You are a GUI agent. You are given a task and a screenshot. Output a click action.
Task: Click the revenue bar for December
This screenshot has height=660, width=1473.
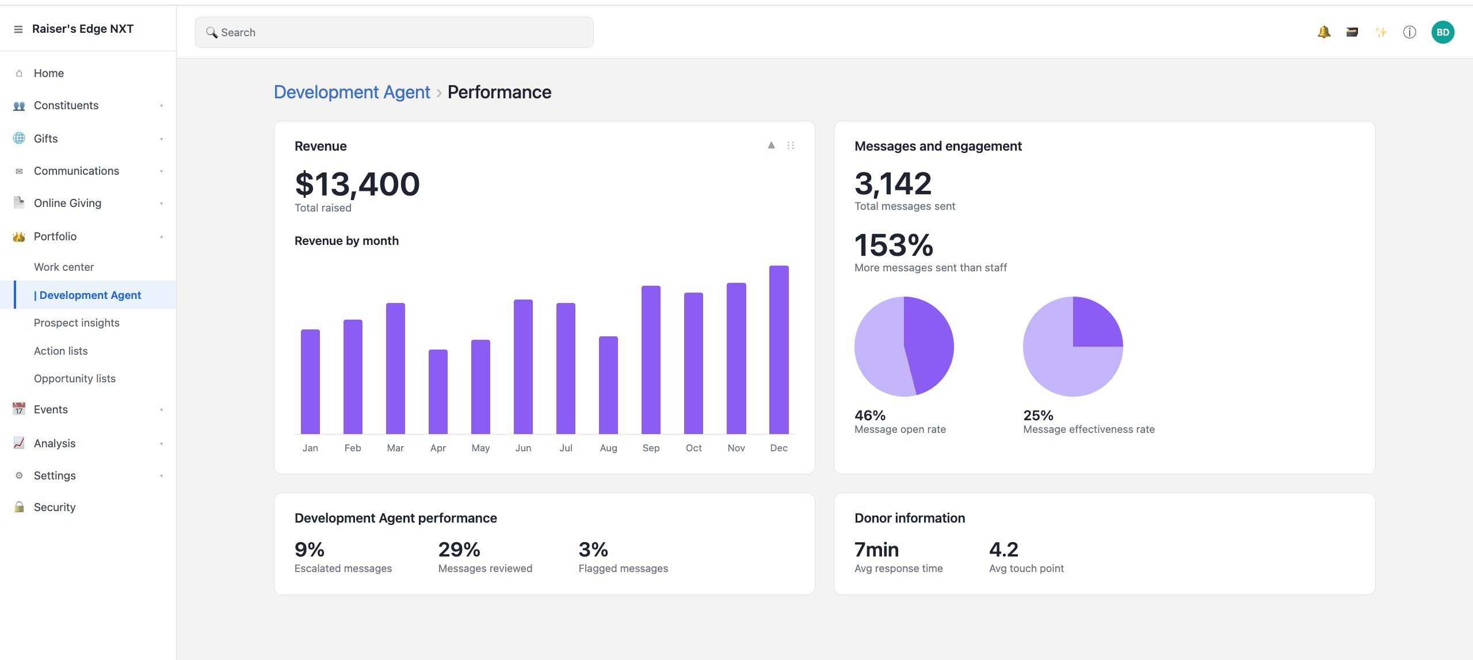(779, 350)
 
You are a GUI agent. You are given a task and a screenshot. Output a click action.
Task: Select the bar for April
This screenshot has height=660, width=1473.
(438, 392)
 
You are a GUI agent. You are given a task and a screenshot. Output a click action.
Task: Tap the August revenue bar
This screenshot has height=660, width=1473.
(608, 385)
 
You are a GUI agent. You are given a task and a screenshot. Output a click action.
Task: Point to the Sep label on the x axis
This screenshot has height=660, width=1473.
(651, 448)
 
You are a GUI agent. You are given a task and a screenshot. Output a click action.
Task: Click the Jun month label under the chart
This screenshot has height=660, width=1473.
(523, 448)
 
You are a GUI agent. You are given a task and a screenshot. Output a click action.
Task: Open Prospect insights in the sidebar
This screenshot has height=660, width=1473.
(77, 323)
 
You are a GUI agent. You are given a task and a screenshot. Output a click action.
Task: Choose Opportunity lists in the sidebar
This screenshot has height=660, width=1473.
(75, 379)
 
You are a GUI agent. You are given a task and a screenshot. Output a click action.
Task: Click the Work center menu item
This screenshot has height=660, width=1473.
(64, 267)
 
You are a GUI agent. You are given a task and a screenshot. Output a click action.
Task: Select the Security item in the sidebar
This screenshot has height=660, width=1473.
(55, 508)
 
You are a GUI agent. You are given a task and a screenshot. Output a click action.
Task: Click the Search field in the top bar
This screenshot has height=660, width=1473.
(394, 32)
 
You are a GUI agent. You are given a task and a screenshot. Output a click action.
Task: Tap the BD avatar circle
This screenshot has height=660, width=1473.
(1443, 32)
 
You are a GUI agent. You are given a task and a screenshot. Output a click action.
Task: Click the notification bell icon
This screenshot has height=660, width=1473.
(1324, 32)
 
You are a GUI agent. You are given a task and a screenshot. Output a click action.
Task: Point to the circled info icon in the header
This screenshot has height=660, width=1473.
(1409, 32)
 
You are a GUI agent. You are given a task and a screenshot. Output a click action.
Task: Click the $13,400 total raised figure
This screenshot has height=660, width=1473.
(357, 184)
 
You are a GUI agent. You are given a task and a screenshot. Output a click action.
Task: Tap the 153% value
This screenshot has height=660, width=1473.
(894, 245)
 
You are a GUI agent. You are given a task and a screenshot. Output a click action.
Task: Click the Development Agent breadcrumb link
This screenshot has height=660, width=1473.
(352, 92)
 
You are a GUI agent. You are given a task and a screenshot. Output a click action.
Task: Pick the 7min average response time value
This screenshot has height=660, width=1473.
(876, 550)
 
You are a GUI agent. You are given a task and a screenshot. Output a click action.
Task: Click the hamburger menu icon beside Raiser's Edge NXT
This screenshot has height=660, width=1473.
(18, 29)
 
